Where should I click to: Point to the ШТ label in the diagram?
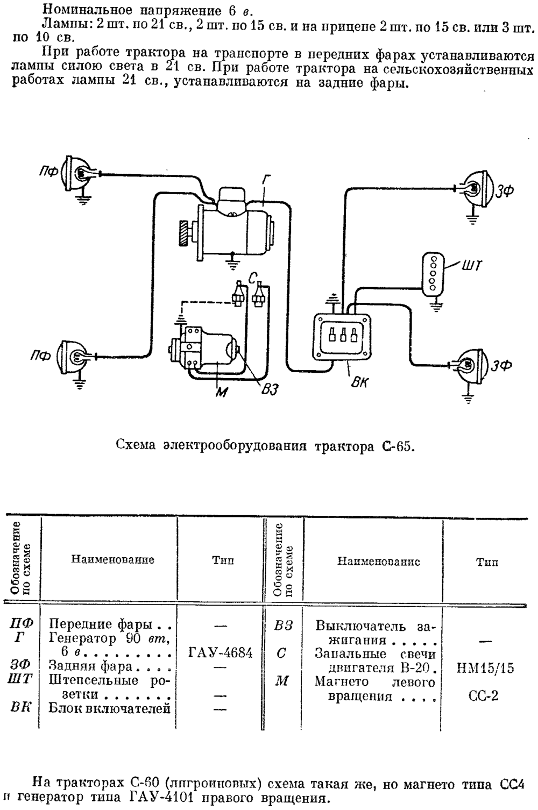tap(472, 266)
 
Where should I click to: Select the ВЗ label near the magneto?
tap(270, 390)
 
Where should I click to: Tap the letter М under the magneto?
tap(222, 392)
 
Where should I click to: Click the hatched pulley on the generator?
tap(184, 233)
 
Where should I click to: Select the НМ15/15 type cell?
tap(485, 668)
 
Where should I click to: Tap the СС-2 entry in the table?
tap(483, 695)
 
